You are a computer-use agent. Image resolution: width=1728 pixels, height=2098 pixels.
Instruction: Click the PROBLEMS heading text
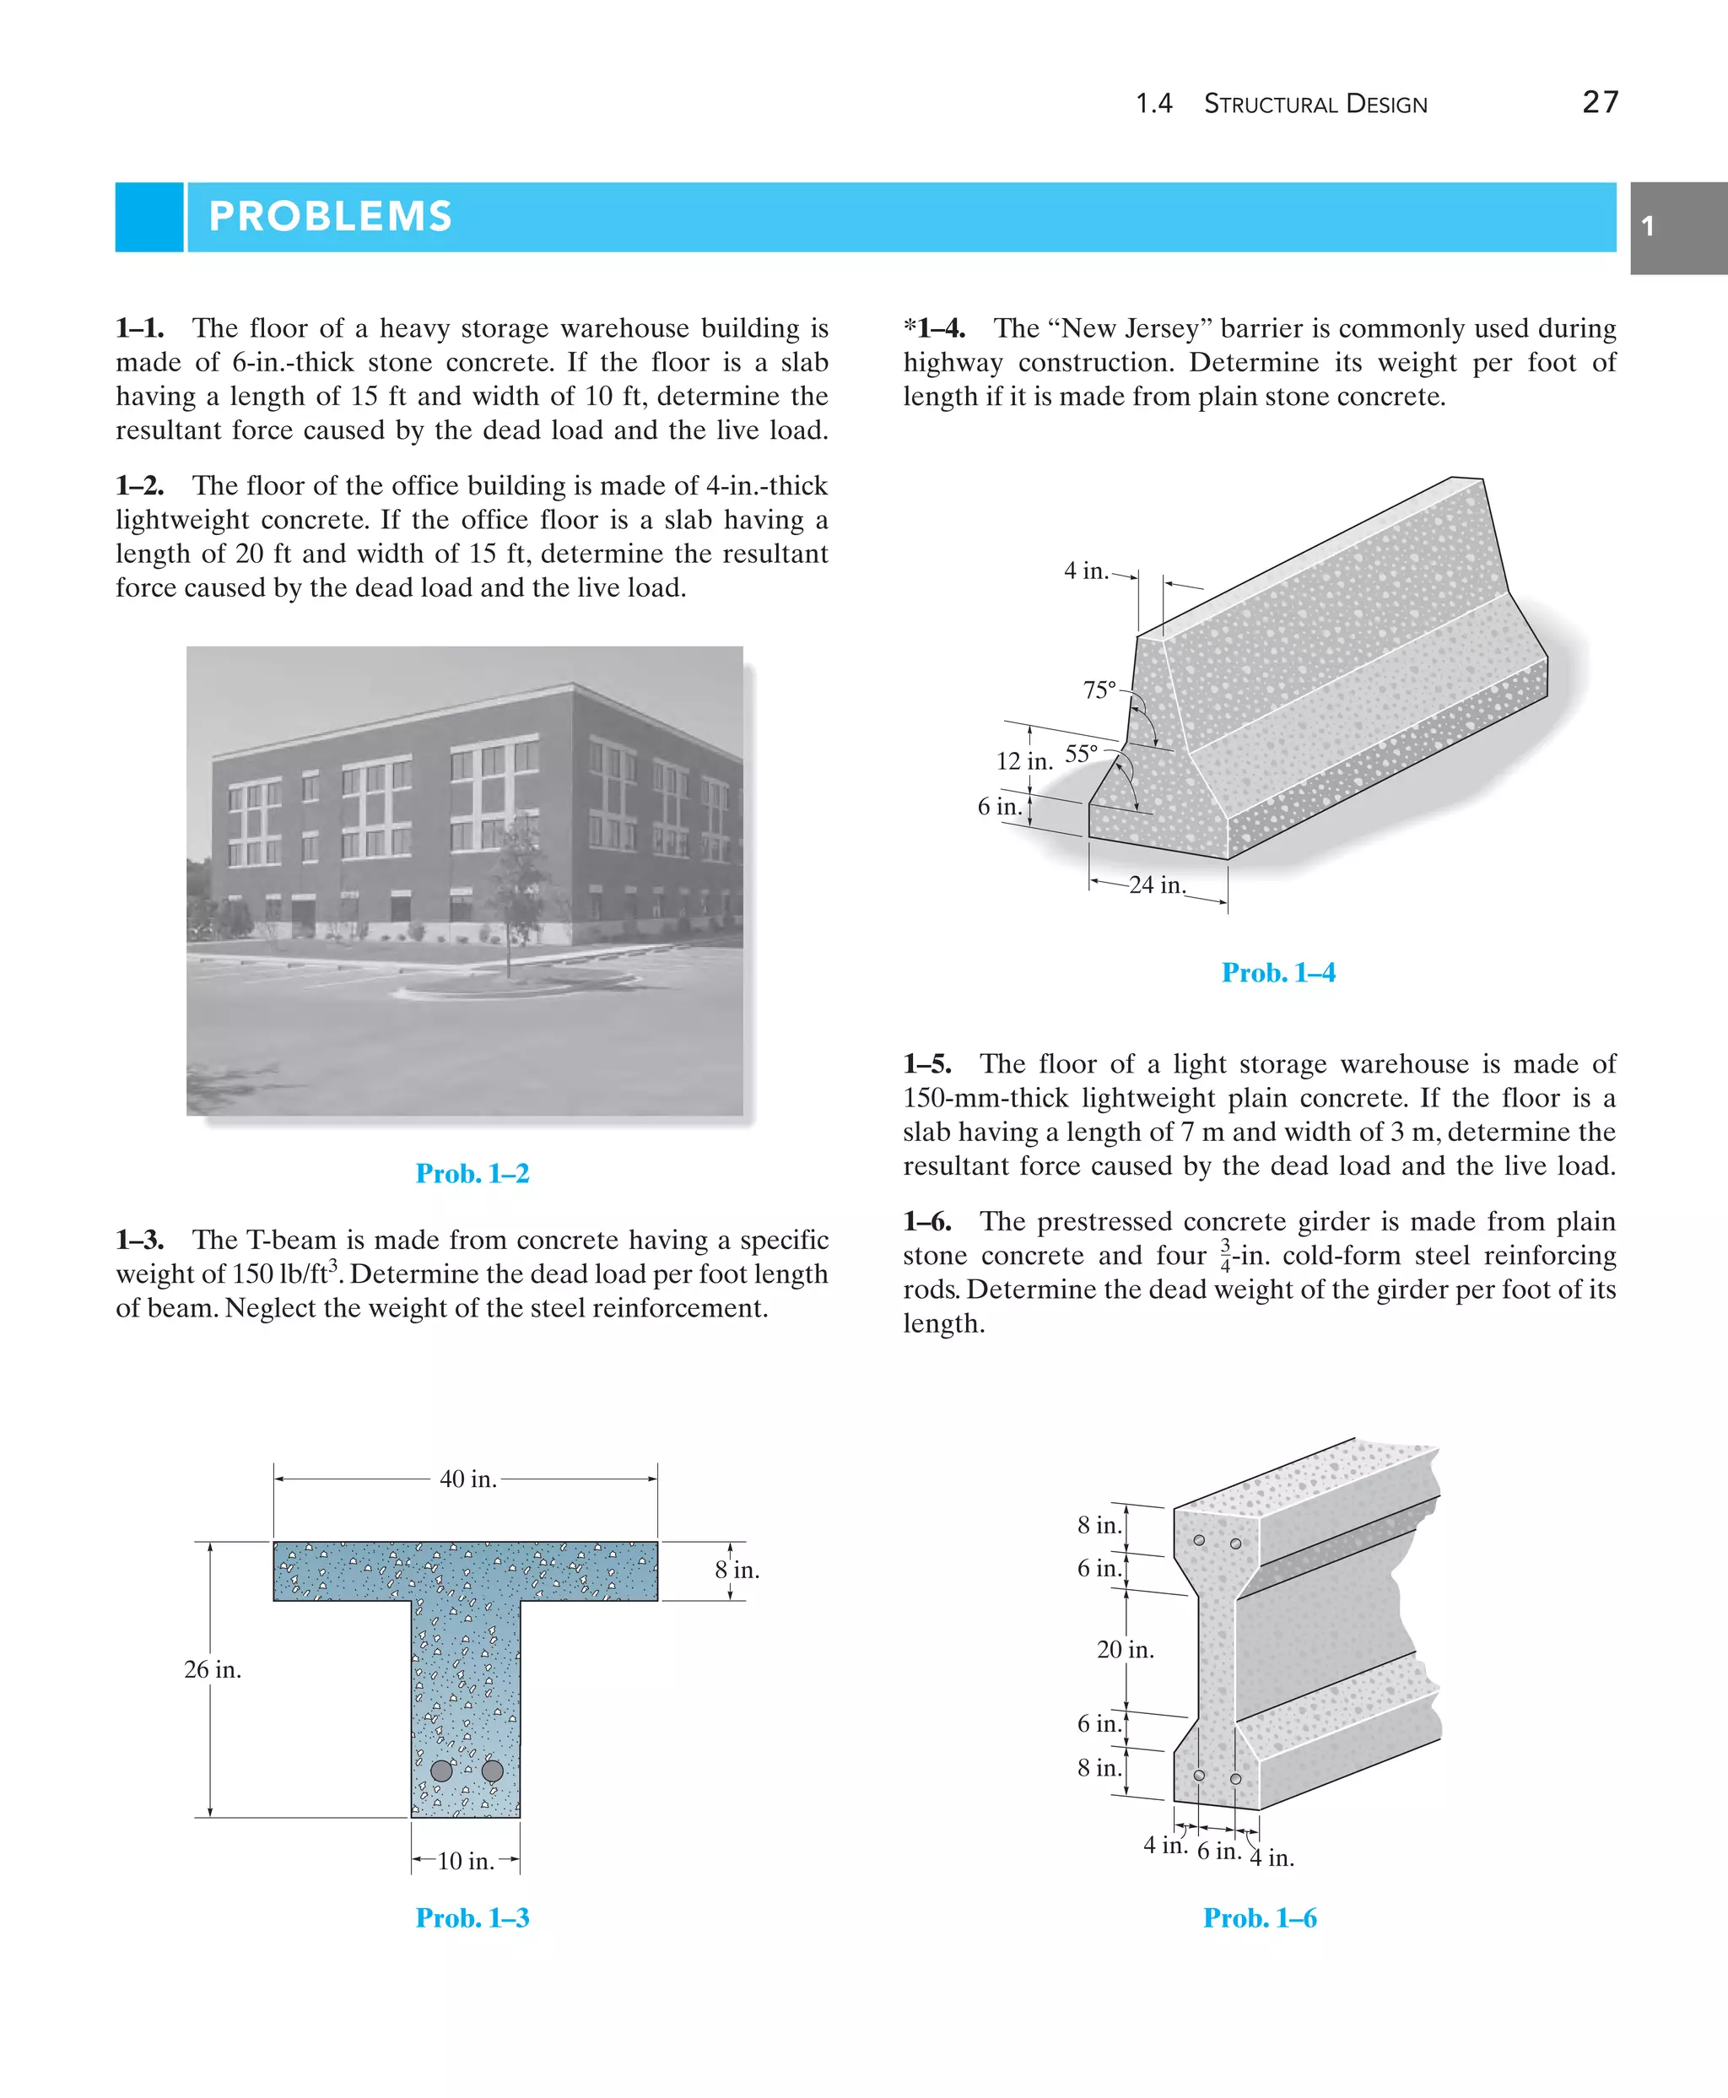(331, 216)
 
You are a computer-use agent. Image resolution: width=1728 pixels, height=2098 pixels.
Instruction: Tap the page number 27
(1601, 103)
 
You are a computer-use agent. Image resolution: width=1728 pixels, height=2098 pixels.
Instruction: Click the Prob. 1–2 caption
(472, 1173)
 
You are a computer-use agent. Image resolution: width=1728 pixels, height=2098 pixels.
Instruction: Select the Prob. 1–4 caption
(1278, 973)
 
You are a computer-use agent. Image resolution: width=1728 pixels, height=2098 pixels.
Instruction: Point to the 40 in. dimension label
(467, 1479)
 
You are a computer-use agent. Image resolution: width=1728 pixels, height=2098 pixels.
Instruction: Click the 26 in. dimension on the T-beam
(213, 1670)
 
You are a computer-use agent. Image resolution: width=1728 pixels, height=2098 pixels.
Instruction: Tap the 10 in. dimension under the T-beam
(465, 1861)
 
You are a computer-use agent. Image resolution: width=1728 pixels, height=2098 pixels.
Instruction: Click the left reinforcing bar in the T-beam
(442, 1771)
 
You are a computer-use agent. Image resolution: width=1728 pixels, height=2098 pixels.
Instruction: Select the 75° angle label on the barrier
(1099, 689)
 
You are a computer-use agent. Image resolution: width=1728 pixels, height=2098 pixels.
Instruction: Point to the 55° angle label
(1081, 754)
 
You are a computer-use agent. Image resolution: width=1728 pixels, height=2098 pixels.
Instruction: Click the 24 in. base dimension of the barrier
(1157, 885)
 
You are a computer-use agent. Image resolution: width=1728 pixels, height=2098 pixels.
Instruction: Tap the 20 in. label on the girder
(1125, 1650)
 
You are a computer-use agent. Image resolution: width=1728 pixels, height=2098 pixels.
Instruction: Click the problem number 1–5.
(926, 1063)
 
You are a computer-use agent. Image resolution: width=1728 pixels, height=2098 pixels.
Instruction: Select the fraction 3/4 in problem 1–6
(1225, 1257)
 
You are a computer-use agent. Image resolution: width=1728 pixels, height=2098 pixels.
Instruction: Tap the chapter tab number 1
(1647, 226)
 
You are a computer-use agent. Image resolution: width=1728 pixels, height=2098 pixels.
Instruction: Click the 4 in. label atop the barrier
(1085, 570)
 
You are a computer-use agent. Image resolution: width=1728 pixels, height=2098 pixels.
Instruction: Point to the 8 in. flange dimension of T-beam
(737, 1571)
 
